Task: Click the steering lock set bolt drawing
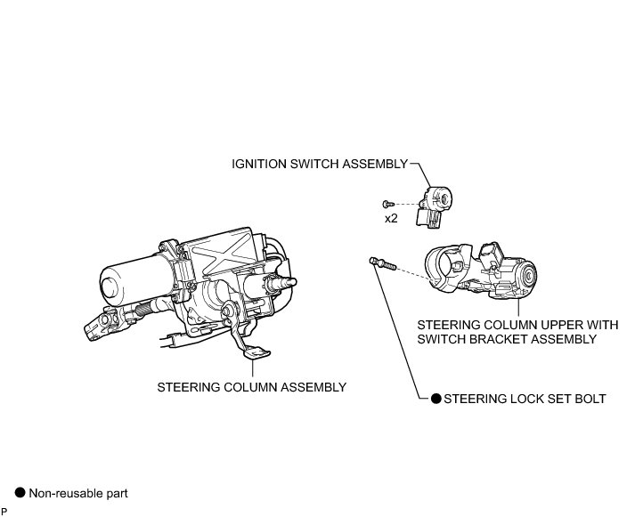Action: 378,263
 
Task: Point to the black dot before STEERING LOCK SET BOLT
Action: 436,399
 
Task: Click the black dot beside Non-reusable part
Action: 19,492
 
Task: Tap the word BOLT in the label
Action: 590,399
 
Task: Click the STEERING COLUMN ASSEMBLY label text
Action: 251,387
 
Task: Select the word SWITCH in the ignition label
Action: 324,164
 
